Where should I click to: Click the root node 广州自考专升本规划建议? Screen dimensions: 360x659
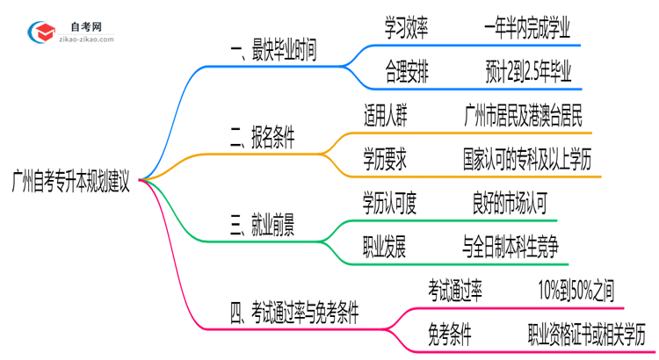tap(71, 185)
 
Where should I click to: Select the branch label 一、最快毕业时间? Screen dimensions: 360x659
tap(273, 52)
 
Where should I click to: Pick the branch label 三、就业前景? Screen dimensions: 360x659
tap(262, 226)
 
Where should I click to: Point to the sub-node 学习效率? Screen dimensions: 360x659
tap(407, 26)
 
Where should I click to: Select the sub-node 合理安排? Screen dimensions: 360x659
tap(407, 69)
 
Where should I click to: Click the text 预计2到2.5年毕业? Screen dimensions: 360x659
tap(528, 69)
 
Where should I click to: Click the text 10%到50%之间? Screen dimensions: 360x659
tap(580, 289)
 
